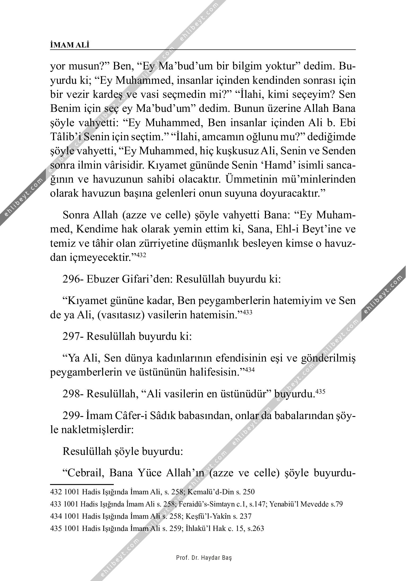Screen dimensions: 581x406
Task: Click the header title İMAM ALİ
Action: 70,45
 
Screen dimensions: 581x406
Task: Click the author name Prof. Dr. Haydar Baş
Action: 204,558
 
